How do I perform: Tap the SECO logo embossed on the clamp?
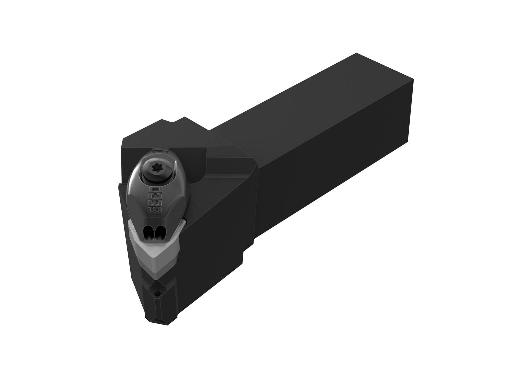153,199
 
